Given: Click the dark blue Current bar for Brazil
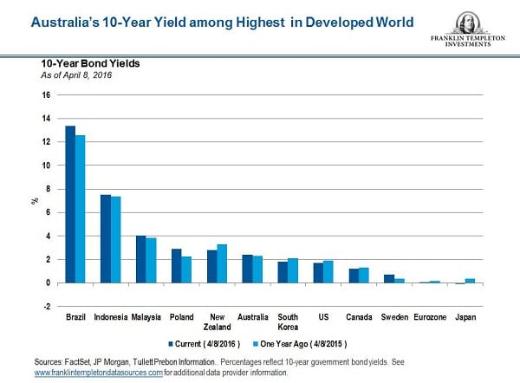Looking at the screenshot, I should point(70,204).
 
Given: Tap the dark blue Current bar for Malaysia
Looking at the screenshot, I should point(140,259).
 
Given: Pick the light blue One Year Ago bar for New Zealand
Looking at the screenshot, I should point(222,263).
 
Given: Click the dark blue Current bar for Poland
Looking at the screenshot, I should point(176,266).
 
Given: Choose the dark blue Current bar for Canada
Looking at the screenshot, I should point(353,276).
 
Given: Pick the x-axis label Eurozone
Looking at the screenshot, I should point(427,318).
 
